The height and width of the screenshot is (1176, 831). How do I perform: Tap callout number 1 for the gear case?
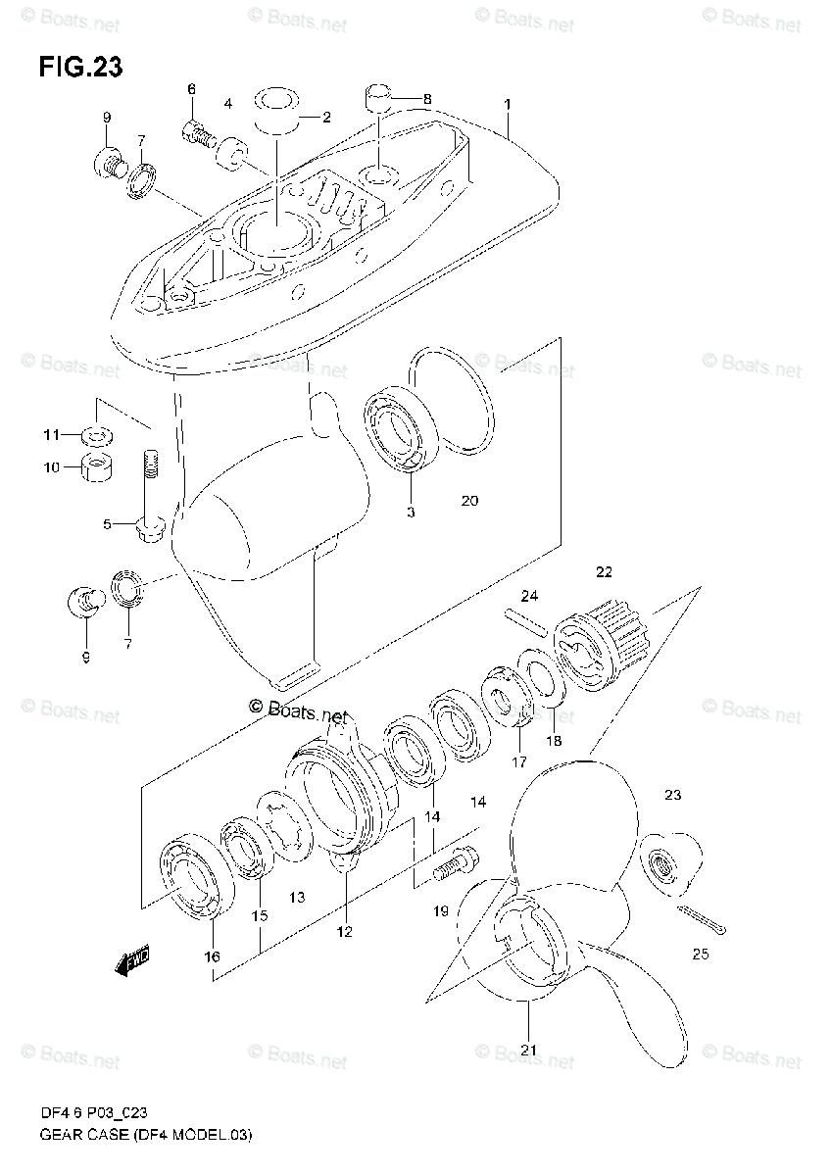(508, 103)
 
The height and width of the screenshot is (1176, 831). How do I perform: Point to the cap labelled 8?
(377, 98)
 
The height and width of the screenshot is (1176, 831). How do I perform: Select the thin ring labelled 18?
(540, 683)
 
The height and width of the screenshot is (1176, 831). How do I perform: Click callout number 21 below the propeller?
(529, 1051)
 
